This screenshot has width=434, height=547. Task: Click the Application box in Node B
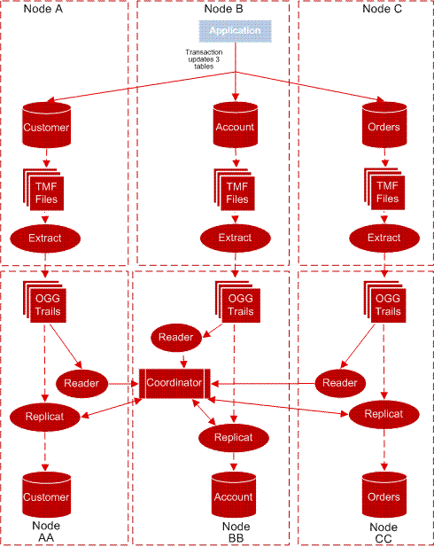coord(235,31)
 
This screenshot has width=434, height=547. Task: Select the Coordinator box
coord(173,383)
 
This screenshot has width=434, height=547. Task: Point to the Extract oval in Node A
coord(46,238)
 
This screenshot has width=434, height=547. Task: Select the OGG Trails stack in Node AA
coord(46,304)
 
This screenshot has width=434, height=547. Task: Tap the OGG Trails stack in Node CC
coord(383,304)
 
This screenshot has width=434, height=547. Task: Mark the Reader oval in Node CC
coord(339,383)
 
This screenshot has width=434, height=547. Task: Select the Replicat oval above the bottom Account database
coord(234,437)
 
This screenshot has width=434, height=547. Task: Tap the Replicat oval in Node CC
coord(383,413)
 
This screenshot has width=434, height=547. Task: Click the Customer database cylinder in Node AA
coord(46,496)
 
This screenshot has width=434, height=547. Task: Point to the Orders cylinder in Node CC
coord(383,496)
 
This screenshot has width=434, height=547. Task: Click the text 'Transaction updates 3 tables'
coord(204,58)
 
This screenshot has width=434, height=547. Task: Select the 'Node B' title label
coord(223,9)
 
